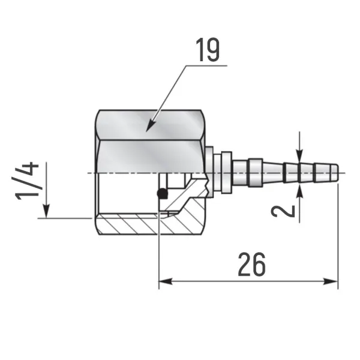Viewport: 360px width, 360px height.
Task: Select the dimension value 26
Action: click(x=251, y=265)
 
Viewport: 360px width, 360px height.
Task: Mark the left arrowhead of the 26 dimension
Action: click(x=163, y=280)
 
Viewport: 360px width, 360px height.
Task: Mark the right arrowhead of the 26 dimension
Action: click(x=333, y=280)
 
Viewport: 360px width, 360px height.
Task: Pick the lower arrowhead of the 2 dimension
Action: click(x=300, y=188)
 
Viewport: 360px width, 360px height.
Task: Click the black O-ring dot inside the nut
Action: click(x=161, y=193)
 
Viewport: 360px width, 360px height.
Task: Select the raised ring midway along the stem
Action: click(x=255, y=172)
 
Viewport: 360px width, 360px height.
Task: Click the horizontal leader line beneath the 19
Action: click(x=204, y=65)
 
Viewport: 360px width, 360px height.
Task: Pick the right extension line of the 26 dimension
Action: click(x=338, y=240)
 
